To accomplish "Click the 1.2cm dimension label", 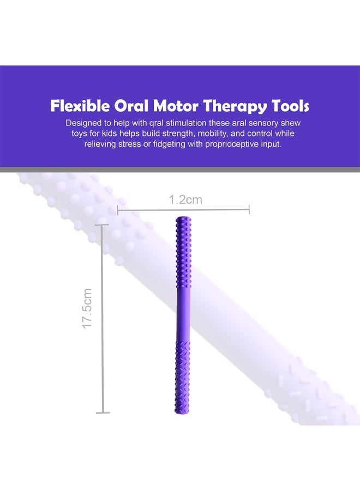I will (185, 200).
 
